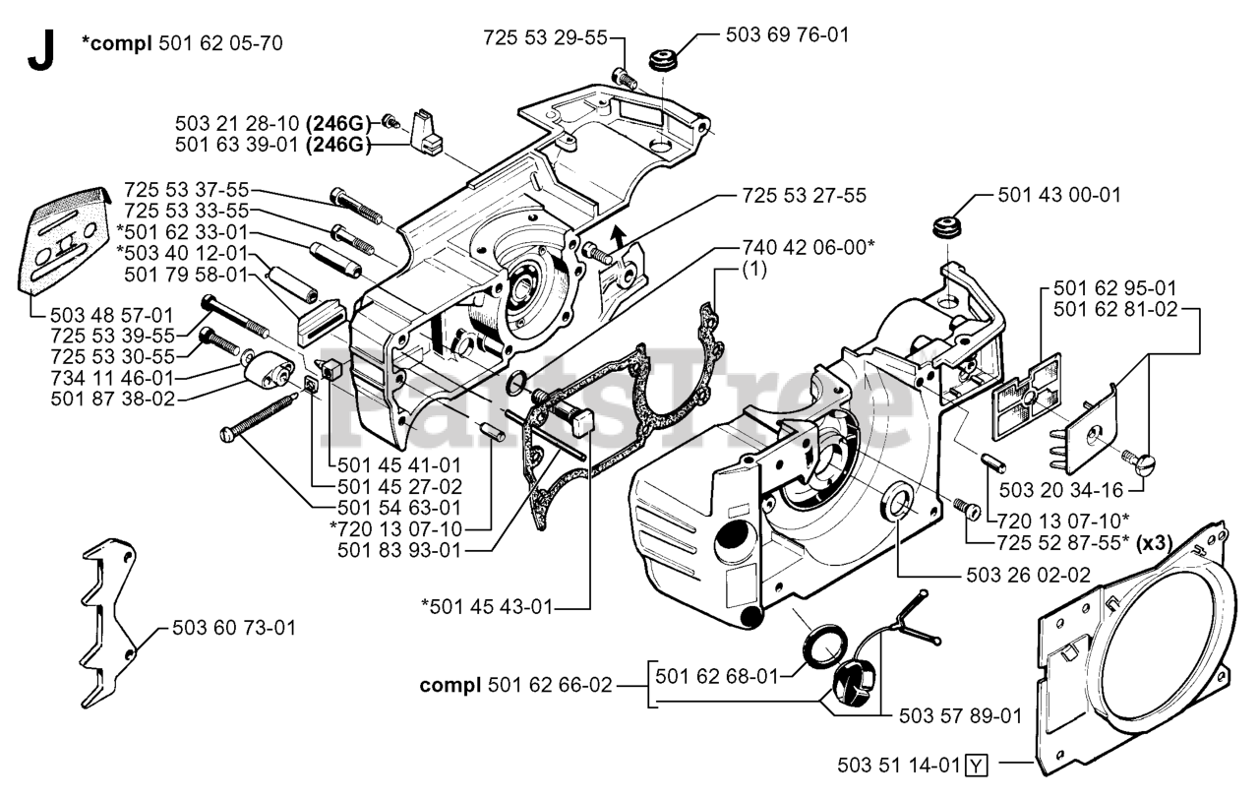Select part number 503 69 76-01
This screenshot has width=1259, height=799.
click(787, 35)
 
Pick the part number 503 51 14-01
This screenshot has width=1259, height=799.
click(899, 764)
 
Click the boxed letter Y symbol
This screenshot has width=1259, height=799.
click(976, 764)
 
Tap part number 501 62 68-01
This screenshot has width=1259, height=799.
click(716, 675)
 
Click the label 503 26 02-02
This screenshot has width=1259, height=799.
click(1027, 575)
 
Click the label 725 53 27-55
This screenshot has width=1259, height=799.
click(804, 195)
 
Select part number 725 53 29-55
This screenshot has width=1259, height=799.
click(545, 37)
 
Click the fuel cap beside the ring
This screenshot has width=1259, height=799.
click(852, 681)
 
